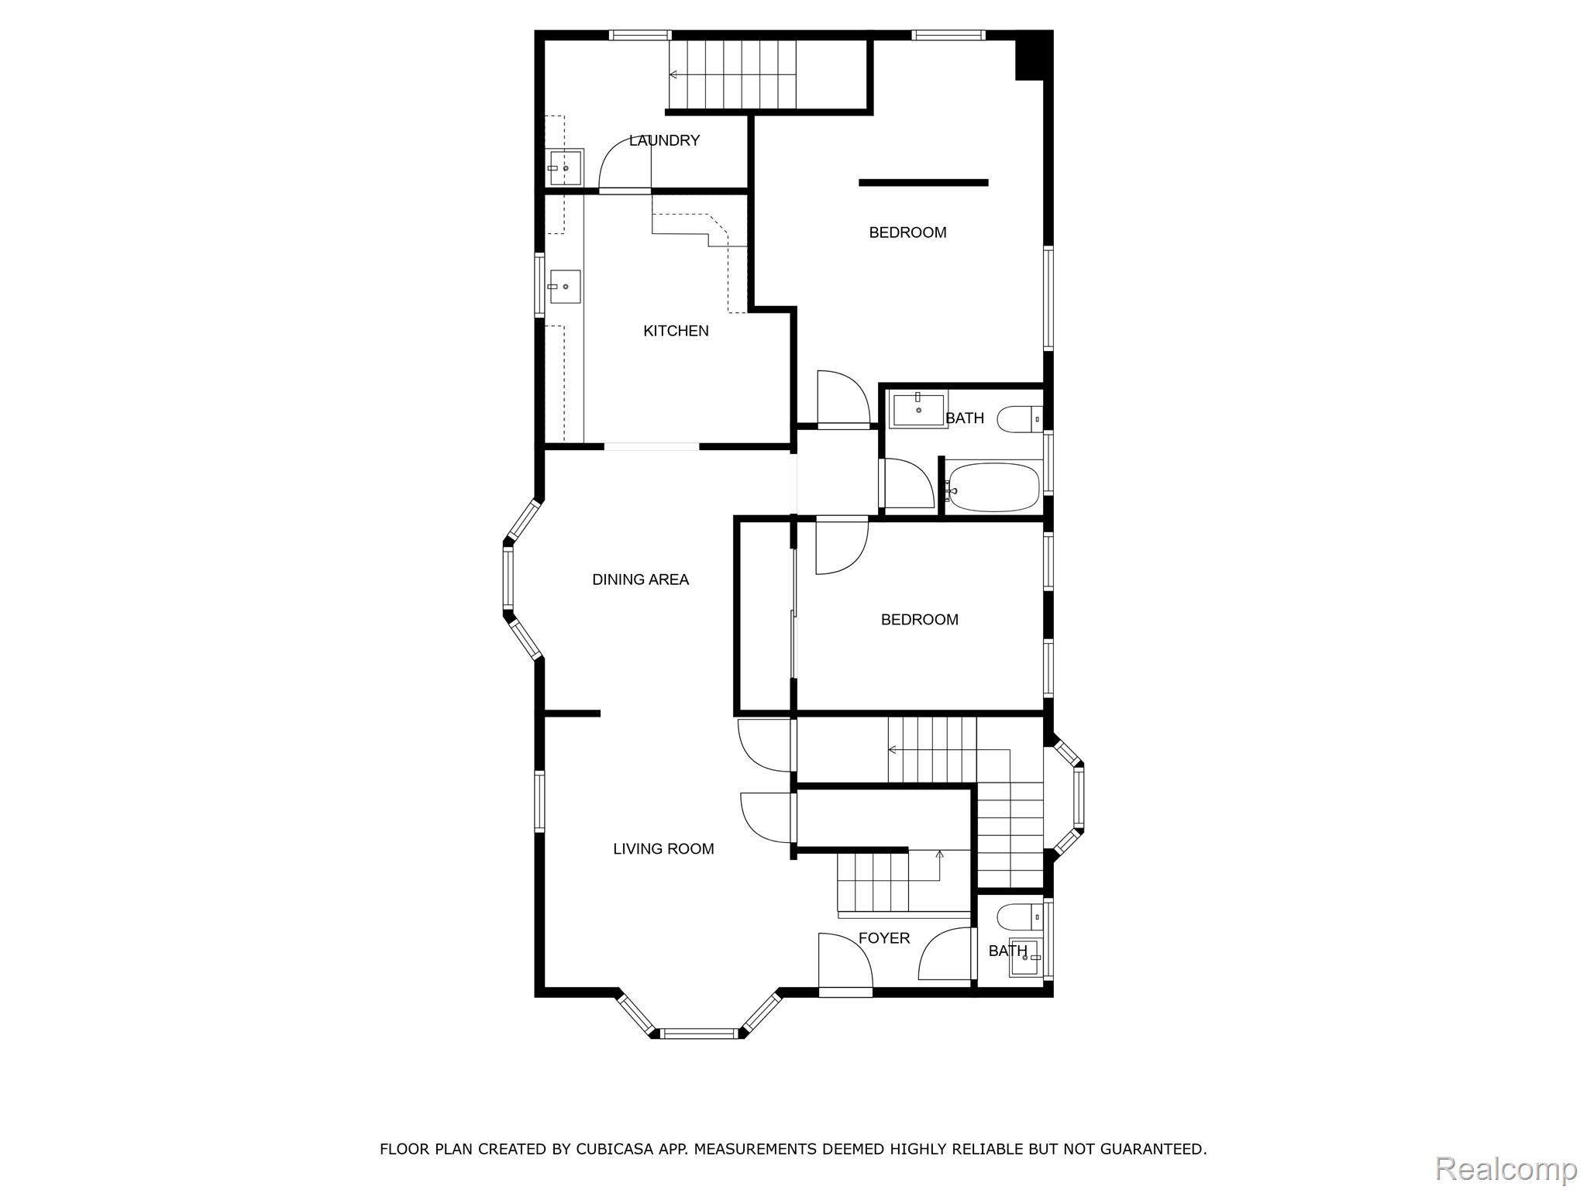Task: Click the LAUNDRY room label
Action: click(x=664, y=140)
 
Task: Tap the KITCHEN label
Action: click(x=676, y=331)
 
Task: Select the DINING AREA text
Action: click(x=640, y=580)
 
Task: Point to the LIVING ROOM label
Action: click(x=663, y=849)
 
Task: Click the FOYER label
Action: click(x=884, y=938)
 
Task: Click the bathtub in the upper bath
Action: click(x=993, y=487)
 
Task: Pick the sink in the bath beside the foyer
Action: click(x=1027, y=959)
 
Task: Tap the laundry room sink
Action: click(x=564, y=168)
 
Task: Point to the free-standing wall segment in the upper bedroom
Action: click(x=924, y=183)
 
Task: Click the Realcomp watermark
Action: click(x=1506, y=1168)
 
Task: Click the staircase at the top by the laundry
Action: click(x=733, y=74)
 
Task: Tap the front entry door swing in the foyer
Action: click(x=846, y=961)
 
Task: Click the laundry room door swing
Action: click(x=625, y=163)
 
